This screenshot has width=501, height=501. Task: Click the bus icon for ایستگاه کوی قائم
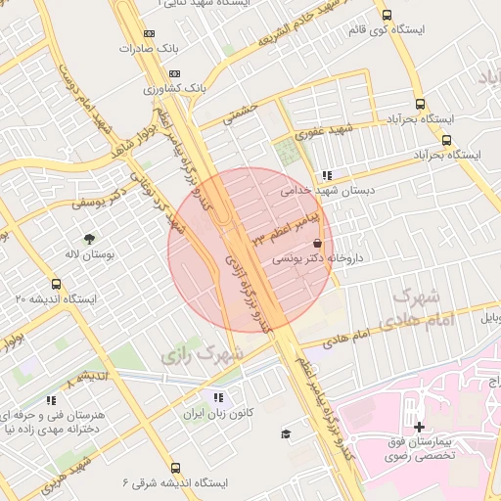coord(387,15)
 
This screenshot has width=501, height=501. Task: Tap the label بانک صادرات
coord(145,47)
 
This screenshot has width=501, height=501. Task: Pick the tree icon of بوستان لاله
coord(90,239)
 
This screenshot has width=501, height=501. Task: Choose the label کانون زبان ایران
coord(215,414)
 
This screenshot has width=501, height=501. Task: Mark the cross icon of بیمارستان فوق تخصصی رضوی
coord(420,428)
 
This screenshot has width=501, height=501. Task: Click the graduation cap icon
coord(286,433)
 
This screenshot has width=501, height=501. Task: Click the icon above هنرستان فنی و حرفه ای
coord(51,400)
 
